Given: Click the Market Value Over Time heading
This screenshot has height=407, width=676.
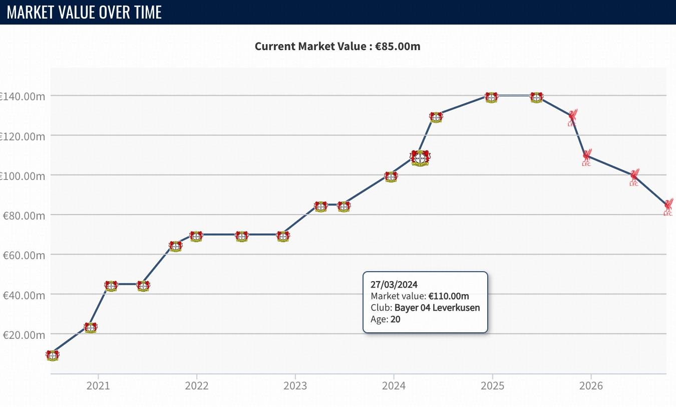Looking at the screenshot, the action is [x=84, y=13].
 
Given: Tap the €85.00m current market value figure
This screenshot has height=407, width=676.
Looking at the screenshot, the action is [x=398, y=46].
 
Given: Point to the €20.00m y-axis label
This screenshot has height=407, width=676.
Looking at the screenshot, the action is [x=24, y=335].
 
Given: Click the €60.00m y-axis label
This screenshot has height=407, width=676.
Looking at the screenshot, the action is [x=24, y=255].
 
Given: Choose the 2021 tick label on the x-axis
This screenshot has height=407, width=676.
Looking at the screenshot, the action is [x=98, y=386].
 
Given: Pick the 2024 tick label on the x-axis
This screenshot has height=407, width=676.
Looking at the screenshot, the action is [x=394, y=386].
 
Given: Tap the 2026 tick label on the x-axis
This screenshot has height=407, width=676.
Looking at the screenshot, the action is [x=591, y=386].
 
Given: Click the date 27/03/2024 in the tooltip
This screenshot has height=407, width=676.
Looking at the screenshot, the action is [x=394, y=285].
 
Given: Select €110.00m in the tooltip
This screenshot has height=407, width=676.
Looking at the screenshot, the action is [x=449, y=296].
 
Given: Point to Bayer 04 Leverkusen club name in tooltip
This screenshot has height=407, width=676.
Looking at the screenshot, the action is [x=437, y=308].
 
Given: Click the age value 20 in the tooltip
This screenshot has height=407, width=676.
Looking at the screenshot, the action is [x=396, y=319].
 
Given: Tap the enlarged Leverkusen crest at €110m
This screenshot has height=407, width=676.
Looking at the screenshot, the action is [x=420, y=158].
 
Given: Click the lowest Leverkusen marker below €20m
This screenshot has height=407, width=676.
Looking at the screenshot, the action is [x=53, y=355].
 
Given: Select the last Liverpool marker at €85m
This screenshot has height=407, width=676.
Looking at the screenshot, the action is [x=668, y=207].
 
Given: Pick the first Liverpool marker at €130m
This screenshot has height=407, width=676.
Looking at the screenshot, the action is [x=572, y=117].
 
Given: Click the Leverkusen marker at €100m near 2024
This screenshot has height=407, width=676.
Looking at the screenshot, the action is [x=391, y=177].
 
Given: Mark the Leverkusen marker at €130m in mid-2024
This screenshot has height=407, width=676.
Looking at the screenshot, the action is [x=436, y=117].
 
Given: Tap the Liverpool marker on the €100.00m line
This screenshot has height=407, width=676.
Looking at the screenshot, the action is [x=634, y=177].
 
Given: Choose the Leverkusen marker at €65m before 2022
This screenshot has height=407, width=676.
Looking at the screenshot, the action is [x=176, y=246].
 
